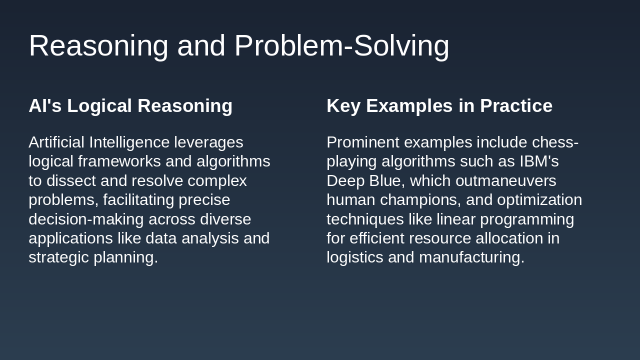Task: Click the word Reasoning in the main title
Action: [98, 46]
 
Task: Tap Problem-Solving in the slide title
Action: [341, 46]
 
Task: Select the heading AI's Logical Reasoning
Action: [130, 106]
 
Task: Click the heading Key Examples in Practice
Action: [439, 106]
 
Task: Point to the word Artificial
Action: [56, 142]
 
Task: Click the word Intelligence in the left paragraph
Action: [129, 142]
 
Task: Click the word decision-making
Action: [86, 219]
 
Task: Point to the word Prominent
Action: [363, 142]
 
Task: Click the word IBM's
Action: [539, 161]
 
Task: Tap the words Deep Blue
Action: [363, 181]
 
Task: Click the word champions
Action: [420, 200]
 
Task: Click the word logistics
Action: [355, 257]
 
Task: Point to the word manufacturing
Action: [471, 257]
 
